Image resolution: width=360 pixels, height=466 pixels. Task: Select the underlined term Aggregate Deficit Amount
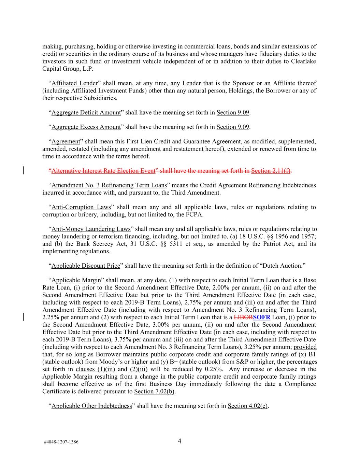pos(86,113)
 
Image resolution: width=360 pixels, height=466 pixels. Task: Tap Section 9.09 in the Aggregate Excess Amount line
pos(233,127)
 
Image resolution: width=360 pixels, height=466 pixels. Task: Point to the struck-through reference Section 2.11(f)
pos(271,171)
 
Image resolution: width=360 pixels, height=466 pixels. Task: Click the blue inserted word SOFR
pos(262,317)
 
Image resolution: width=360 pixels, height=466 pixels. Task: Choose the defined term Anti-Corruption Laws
pos(81,207)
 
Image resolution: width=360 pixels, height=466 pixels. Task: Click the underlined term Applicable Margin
pos(76,280)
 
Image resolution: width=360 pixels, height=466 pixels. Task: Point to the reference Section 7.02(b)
pos(154,391)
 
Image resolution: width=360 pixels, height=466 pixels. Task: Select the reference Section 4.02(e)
pos(248,406)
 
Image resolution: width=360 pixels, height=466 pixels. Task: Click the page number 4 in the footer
pos(179,441)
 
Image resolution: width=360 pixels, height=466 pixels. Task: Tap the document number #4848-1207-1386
pos(61,442)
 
